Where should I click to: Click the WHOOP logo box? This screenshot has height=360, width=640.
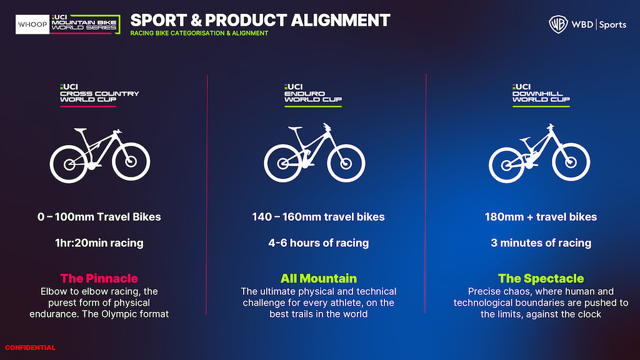pyautogui.click(x=32, y=24)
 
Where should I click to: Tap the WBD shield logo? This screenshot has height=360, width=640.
pyautogui.click(x=558, y=24)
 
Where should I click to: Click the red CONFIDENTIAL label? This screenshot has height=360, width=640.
pyautogui.click(x=30, y=347)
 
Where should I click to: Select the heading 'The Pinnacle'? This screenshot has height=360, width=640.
pyautogui.click(x=99, y=278)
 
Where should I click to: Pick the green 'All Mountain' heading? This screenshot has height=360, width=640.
pyautogui.click(x=318, y=278)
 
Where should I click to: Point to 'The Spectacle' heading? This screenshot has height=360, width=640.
pyautogui.click(x=541, y=278)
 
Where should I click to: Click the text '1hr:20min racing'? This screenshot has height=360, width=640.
pyautogui.click(x=99, y=243)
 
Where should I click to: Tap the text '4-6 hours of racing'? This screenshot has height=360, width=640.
pyautogui.click(x=318, y=243)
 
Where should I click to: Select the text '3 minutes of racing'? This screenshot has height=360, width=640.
pyautogui.click(x=541, y=243)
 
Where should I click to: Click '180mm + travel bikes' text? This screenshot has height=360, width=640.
pyautogui.click(x=541, y=217)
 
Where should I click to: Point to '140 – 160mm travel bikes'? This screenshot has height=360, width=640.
pyautogui.click(x=318, y=217)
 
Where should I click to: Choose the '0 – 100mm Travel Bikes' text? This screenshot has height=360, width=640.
pyautogui.click(x=99, y=217)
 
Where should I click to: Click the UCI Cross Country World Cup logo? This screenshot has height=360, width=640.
pyautogui.click(x=99, y=95)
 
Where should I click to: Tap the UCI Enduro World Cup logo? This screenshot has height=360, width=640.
pyautogui.click(x=313, y=95)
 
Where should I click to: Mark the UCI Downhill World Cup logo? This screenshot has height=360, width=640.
pyautogui.click(x=541, y=95)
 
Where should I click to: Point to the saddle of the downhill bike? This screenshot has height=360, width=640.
pyautogui.click(x=525, y=139)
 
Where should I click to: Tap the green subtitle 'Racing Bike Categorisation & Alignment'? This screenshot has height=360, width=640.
pyautogui.click(x=199, y=33)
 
